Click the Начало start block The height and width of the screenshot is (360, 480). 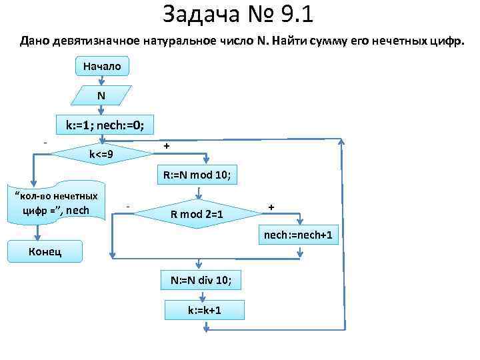pos(101,67)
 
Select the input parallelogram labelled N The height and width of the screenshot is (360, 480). pos(101,95)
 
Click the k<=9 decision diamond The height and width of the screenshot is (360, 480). pos(101,155)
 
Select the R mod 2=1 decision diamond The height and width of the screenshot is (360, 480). pos(197,215)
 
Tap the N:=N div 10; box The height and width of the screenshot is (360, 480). pos(197,280)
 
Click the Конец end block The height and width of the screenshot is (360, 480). pos(46,251)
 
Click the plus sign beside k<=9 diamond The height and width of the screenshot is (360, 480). pos(167,145)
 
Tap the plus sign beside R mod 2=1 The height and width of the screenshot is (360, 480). pos(271,207)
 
